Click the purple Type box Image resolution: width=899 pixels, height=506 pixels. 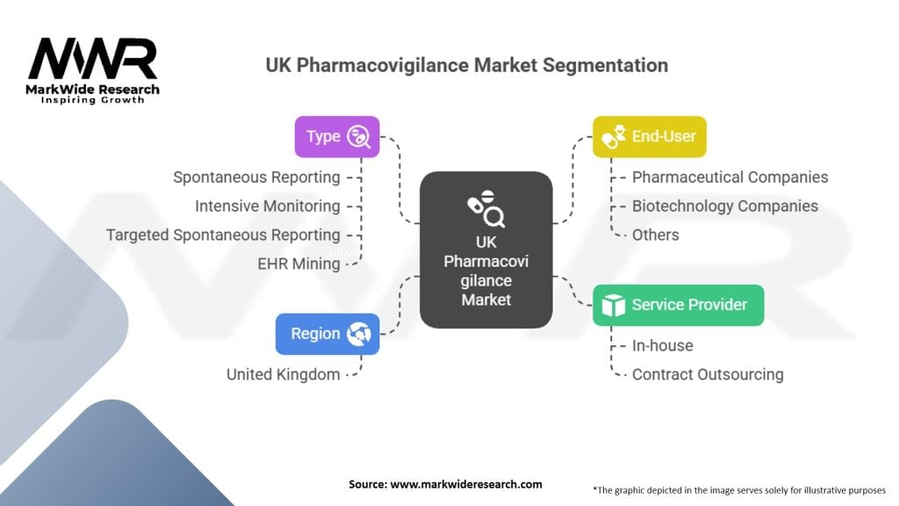(x=337, y=137)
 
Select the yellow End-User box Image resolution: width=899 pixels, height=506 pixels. (x=649, y=137)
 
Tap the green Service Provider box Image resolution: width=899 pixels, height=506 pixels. (x=678, y=305)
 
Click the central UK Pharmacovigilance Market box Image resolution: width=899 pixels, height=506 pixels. (x=485, y=250)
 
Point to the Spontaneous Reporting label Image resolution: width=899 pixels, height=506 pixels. (x=256, y=177)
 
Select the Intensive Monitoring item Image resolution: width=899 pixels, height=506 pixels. (x=267, y=206)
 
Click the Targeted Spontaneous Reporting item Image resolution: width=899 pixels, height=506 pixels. (x=223, y=235)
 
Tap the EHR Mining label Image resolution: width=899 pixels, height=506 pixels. (x=299, y=264)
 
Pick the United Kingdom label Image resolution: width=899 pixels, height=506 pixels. (x=283, y=374)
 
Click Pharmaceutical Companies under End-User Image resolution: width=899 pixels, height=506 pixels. (x=730, y=177)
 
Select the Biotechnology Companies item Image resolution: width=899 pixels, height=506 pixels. (x=724, y=206)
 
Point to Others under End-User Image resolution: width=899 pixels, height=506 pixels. (x=655, y=235)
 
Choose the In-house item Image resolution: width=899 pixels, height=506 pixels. (x=662, y=345)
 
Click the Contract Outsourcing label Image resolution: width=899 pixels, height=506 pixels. (x=708, y=374)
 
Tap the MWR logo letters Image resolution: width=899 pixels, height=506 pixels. (x=92, y=60)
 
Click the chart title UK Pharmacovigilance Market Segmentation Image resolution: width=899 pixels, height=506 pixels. (x=467, y=66)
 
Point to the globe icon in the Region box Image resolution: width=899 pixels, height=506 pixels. (x=360, y=334)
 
